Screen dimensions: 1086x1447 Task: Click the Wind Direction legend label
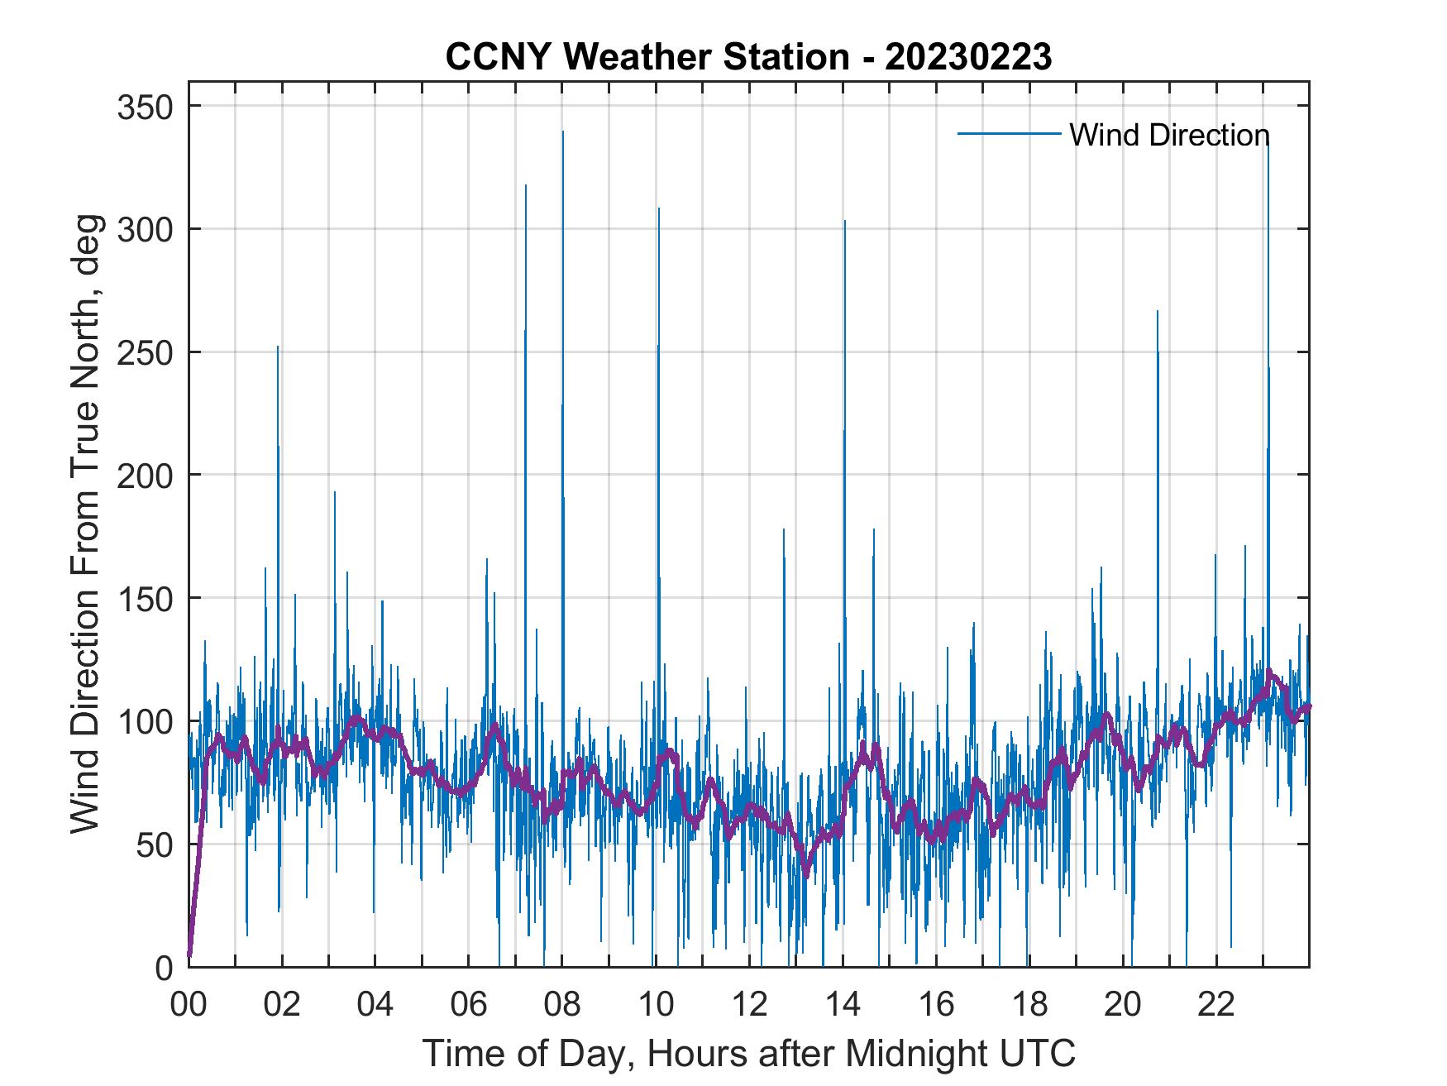[x=1169, y=135]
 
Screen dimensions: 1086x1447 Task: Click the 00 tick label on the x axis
[x=189, y=1006]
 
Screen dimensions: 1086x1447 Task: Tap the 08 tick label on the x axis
[x=562, y=1006]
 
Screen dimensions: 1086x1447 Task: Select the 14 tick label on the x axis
[x=843, y=1006]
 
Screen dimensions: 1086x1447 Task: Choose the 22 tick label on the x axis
[x=1216, y=1006]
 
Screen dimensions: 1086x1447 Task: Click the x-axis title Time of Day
[x=749, y=1053]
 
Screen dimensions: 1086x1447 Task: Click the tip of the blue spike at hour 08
[x=563, y=132]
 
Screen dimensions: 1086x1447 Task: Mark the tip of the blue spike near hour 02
[x=278, y=347]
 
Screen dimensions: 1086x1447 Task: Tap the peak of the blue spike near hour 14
[x=845, y=221]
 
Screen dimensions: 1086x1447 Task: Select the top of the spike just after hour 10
[x=659, y=208]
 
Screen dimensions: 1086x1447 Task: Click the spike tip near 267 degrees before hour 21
[x=1158, y=311]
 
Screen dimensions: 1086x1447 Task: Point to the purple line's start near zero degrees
[x=190, y=955]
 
